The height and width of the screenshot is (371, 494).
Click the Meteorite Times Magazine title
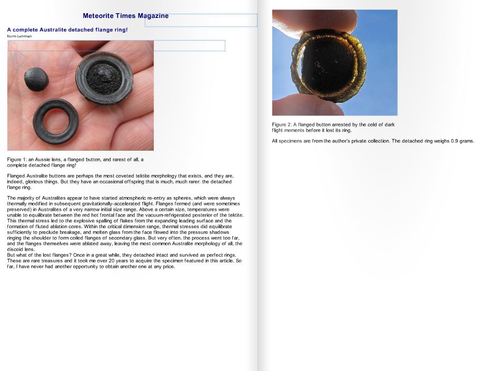click(x=125, y=16)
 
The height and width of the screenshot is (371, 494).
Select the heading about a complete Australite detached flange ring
click(x=67, y=30)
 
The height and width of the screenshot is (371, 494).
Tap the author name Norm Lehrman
click(x=19, y=36)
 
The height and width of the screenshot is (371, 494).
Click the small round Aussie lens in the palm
click(x=36, y=79)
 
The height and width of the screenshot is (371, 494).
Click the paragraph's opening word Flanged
click(x=16, y=176)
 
